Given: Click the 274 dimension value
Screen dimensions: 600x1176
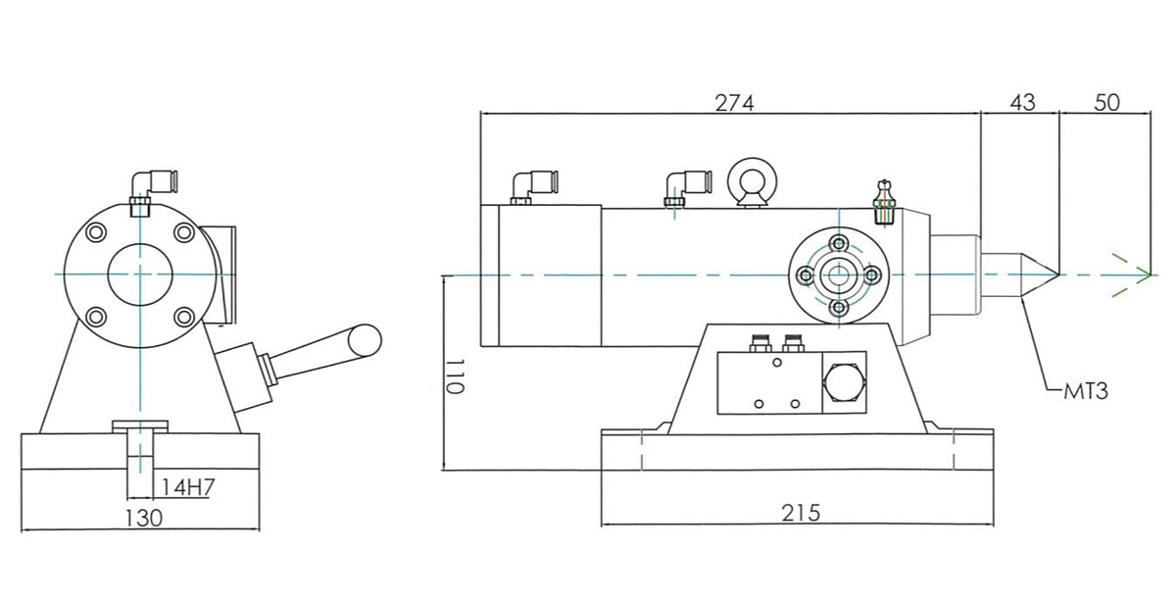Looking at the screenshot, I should [734, 103].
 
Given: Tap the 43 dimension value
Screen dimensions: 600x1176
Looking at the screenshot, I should [1021, 103].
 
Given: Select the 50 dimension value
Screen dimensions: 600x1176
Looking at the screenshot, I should [1106, 103].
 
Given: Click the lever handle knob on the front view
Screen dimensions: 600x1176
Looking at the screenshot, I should [366, 338].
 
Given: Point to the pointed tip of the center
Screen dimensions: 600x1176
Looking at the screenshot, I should [1056, 275].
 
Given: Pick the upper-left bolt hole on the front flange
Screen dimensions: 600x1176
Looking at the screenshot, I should [95, 232].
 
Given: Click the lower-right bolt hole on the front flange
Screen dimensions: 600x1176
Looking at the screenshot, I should [182, 317].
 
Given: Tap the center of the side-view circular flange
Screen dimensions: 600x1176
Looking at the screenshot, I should [838, 276].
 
